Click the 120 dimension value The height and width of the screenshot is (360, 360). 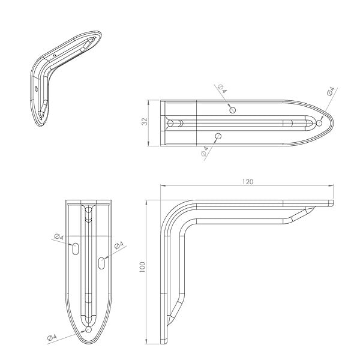248,182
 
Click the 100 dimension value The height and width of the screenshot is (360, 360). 142,267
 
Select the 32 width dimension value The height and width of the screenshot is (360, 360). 145,121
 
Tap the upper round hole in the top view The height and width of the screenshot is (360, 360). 233,110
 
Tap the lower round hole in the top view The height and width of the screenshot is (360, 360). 218,136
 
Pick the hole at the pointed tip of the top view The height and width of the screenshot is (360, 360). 319,123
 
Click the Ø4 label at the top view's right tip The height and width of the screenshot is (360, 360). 331,91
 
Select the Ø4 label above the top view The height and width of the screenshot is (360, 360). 222,89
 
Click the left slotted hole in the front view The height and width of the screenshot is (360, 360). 76,249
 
